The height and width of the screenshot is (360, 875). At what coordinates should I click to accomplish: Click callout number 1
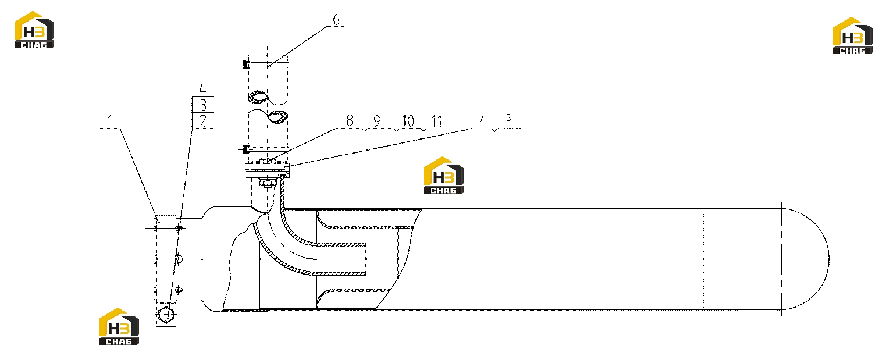click(x=110, y=121)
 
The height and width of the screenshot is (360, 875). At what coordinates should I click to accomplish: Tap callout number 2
click(x=202, y=121)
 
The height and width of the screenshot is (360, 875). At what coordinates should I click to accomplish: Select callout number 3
click(x=202, y=105)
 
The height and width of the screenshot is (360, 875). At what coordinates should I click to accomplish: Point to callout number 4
click(x=202, y=89)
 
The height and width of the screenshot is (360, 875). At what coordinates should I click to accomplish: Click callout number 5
click(x=508, y=117)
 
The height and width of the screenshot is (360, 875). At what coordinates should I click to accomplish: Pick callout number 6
click(x=336, y=19)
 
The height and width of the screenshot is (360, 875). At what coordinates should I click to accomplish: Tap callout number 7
click(x=481, y=118)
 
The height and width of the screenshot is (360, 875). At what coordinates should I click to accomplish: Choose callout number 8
click(x=350, y=121)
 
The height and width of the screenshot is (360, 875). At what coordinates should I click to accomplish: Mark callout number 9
click(x=376, y=121)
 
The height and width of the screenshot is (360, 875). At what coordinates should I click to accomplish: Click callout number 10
click(x=408, y=121)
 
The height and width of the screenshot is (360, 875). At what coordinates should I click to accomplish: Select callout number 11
click(x=437, y=121)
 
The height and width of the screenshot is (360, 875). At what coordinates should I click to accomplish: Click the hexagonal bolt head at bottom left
click(x=166, y=314)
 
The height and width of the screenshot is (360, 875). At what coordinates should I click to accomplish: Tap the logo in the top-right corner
click(x=852, y=35)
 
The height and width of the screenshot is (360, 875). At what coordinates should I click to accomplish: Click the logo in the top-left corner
click(x=34, y=30)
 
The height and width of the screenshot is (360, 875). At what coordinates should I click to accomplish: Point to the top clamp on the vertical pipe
click(x=266, y=65)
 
